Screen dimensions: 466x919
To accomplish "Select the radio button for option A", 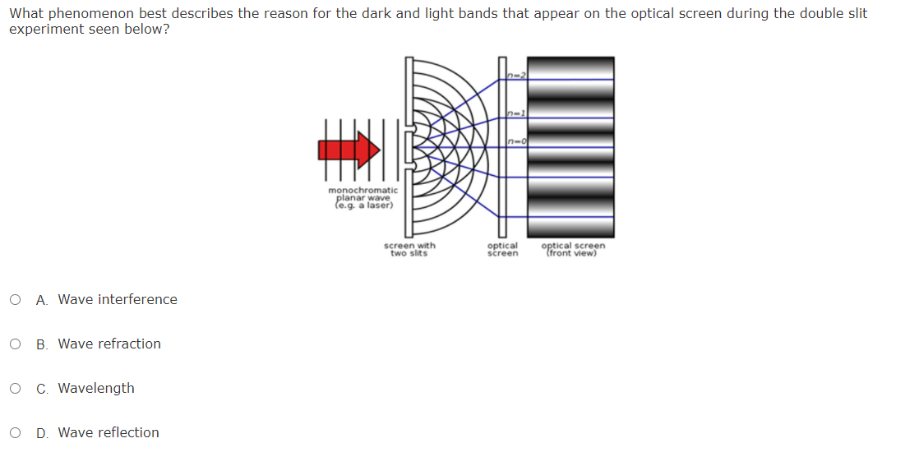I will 16,300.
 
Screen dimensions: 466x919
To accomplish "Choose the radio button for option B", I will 16,344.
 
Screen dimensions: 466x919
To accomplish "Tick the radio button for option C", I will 16,389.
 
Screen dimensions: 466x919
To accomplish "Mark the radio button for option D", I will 16,433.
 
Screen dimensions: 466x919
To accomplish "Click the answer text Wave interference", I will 117,300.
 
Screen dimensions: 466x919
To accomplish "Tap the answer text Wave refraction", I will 109,344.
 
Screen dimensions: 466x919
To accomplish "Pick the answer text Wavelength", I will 96,389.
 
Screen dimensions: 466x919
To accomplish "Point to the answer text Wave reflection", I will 109,433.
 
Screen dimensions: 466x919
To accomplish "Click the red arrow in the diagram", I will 349,149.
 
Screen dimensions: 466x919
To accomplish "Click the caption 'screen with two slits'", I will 409,249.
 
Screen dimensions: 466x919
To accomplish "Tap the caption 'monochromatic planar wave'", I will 363,194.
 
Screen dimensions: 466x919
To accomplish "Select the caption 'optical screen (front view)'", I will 573,249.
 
